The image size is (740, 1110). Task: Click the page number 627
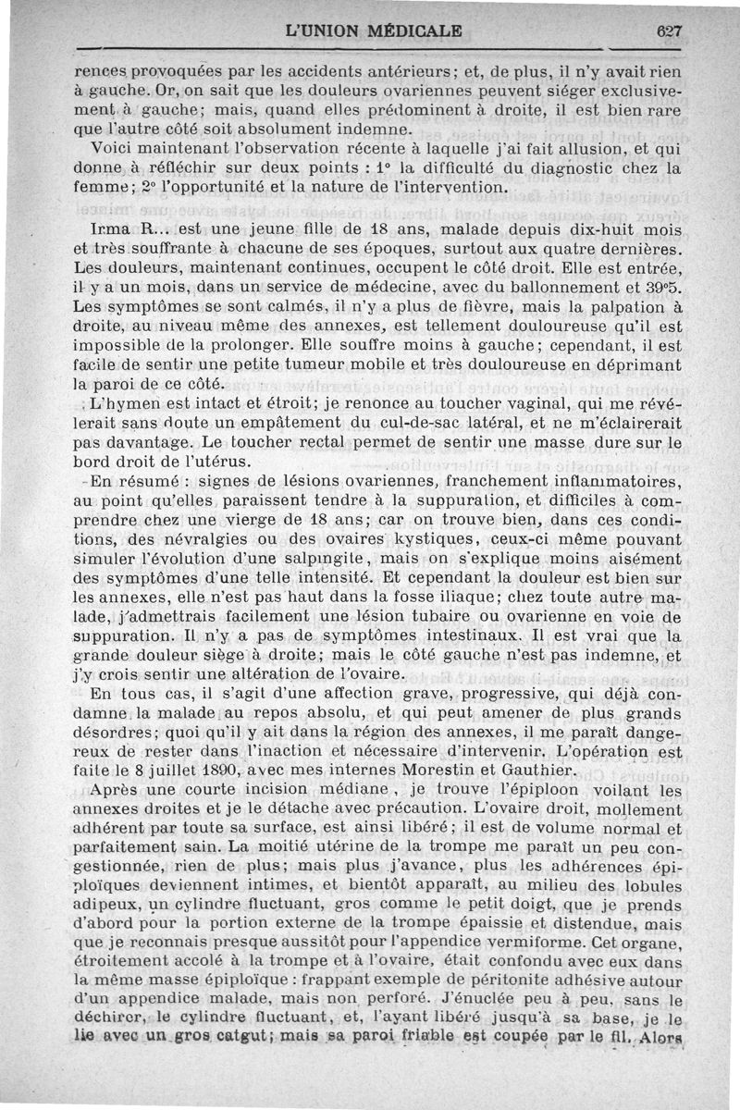point(667,30)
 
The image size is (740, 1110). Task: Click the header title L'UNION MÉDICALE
point(375,30)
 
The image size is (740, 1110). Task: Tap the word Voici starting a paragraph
point(115,152)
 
